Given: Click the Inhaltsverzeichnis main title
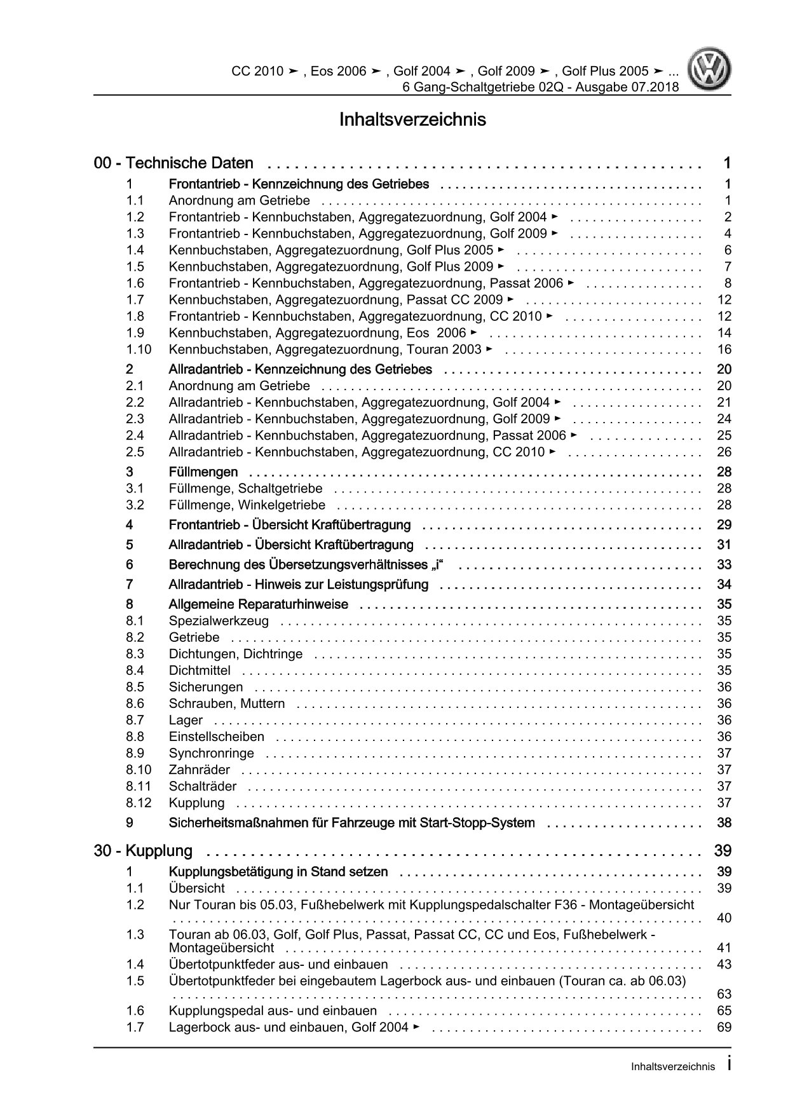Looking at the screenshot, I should [x=412, y=119].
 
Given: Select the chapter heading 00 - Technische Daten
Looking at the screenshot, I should [x=173, y=163].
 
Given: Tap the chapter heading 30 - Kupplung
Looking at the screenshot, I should [x=143, y=851].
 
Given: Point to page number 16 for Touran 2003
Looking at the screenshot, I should [x=724, y=350].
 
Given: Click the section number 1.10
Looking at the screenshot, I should [x=139, y=350].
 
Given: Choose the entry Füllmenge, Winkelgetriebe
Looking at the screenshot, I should [x=247, y=505].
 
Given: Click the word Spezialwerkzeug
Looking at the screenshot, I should [x=219, y=621].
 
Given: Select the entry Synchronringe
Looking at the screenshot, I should [x=211, y=753].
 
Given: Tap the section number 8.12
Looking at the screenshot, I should [x=139, y=803].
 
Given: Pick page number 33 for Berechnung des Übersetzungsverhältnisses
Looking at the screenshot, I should [x=724, y=565].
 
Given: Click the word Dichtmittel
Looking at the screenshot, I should [x=200, y=670].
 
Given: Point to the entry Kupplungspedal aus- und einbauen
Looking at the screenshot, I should [x=273, y=1010].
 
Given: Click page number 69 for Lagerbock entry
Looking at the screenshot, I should [x=724, y=1027].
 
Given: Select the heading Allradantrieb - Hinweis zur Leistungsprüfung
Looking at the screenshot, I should [x=298, y=585].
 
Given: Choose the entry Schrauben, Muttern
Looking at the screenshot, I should [x=226, y=703].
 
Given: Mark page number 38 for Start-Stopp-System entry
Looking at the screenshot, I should [x=724, y=823].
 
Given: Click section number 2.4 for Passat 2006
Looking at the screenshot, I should [x=135, y=435].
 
